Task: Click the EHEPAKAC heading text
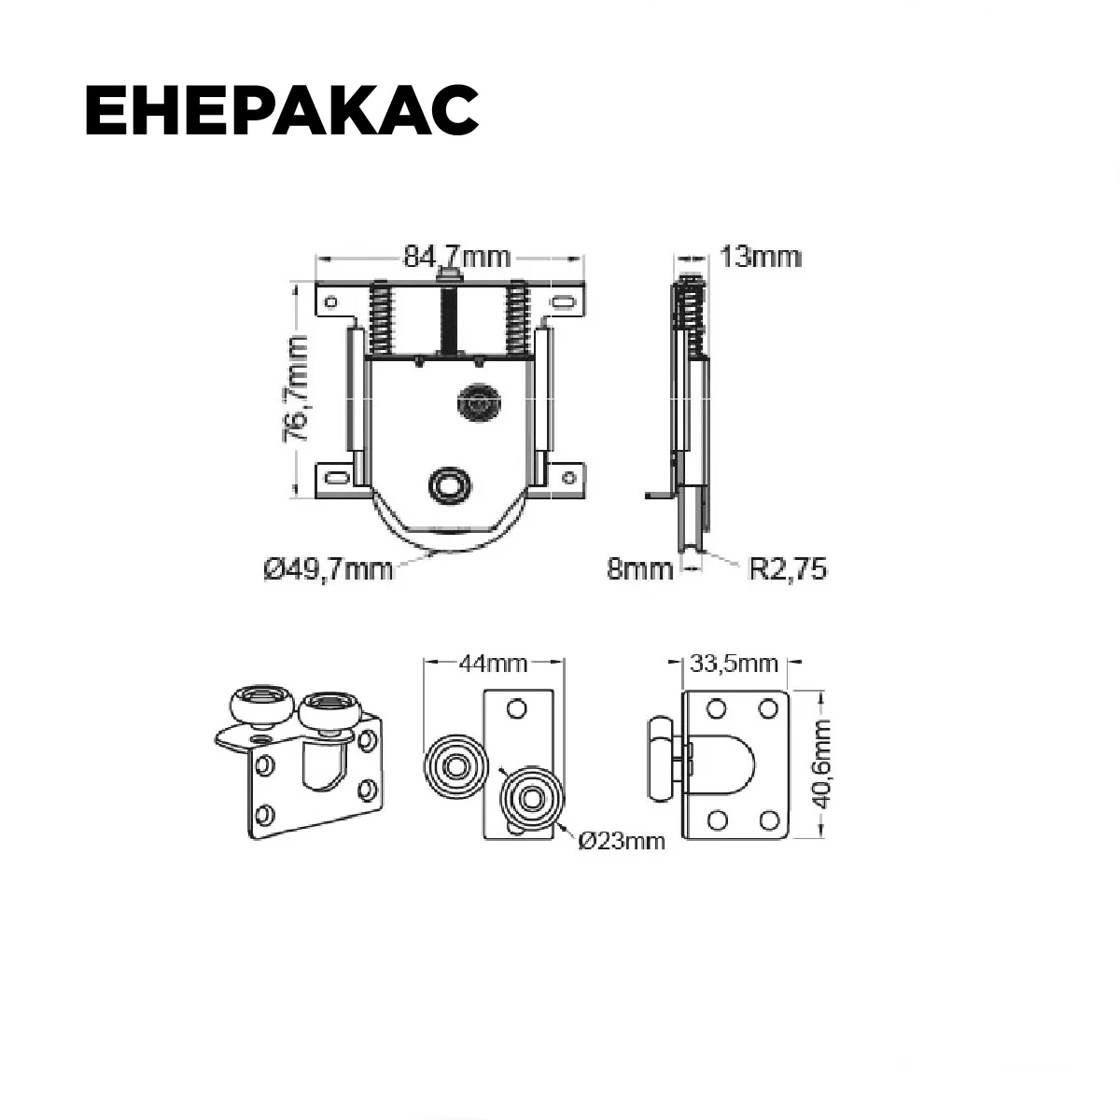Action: coord(282,110)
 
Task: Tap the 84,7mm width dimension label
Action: coord(456,257)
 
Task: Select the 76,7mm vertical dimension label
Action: coord(298,387)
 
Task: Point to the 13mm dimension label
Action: coord(761,257)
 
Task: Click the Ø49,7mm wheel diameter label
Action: coord(329,569)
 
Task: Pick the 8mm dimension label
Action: coord(639,568)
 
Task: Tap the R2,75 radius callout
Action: coord(788,568)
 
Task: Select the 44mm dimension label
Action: coord(493,664)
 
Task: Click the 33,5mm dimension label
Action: coord(735,664)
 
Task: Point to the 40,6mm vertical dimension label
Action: coord(822,763)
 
